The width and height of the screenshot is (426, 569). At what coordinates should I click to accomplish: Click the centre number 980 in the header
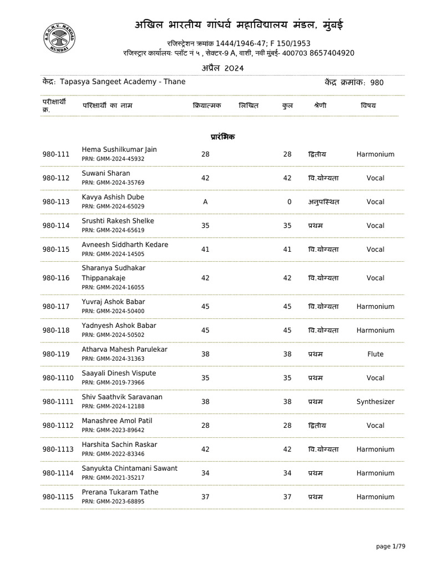[377, 83]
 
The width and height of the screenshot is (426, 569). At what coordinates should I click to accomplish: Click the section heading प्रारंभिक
[222, 136]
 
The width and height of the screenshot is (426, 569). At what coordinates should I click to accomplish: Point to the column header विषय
[368, 105]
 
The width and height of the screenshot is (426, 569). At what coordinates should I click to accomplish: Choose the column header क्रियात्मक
[206, 105]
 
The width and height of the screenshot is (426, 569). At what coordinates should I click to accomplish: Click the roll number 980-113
[56, 202]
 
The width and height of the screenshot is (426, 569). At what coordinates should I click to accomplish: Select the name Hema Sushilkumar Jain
[119, 149]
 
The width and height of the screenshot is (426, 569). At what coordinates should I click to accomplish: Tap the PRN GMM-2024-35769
[113, 183]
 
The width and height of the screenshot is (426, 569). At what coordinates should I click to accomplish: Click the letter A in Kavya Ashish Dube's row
[205, 202]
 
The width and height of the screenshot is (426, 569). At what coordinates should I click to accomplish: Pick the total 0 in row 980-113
[289, 202]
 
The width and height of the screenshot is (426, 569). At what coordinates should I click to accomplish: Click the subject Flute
[376, 354]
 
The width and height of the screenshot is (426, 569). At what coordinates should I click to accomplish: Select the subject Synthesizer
[376, 402]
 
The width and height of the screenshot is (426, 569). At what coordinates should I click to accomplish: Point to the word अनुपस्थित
[323, 202]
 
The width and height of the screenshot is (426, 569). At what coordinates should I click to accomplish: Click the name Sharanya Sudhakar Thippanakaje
[114, 272]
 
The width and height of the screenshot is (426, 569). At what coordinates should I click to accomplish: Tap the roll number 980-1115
[58, 497]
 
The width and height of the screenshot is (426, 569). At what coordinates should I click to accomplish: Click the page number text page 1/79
[390, 547]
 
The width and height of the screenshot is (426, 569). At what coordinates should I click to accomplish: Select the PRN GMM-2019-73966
[113, 383]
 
